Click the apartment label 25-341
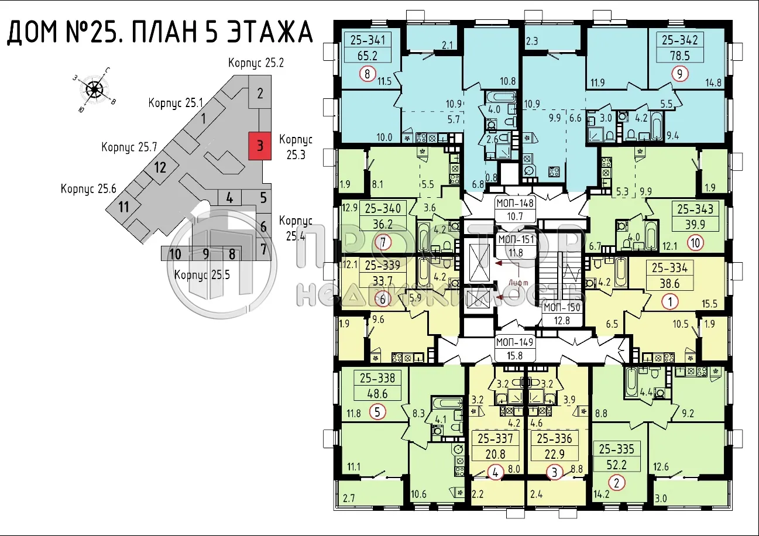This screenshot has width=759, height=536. pyautogui.click(x=367, y=40)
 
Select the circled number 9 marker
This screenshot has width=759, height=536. pyautogui.click(x=679, y=74)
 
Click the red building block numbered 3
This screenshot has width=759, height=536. pyautogui.click(x=260, y=145)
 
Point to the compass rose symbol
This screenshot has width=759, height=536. pyautogui.click(x=94, y=90)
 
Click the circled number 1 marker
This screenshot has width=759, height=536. pyautogui.click(x=669, y=302)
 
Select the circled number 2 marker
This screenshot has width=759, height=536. pyautogui.click(x=616, y=483)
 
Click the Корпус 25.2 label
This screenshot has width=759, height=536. pyautogui.click(x=256, y=63)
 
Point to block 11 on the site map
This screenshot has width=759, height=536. pyautogui.click(x=123, y=207)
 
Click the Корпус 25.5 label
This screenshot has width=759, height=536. pyautogui.click(x=201, y=274)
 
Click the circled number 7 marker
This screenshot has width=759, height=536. pyautogui.click(x=383, y=242)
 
